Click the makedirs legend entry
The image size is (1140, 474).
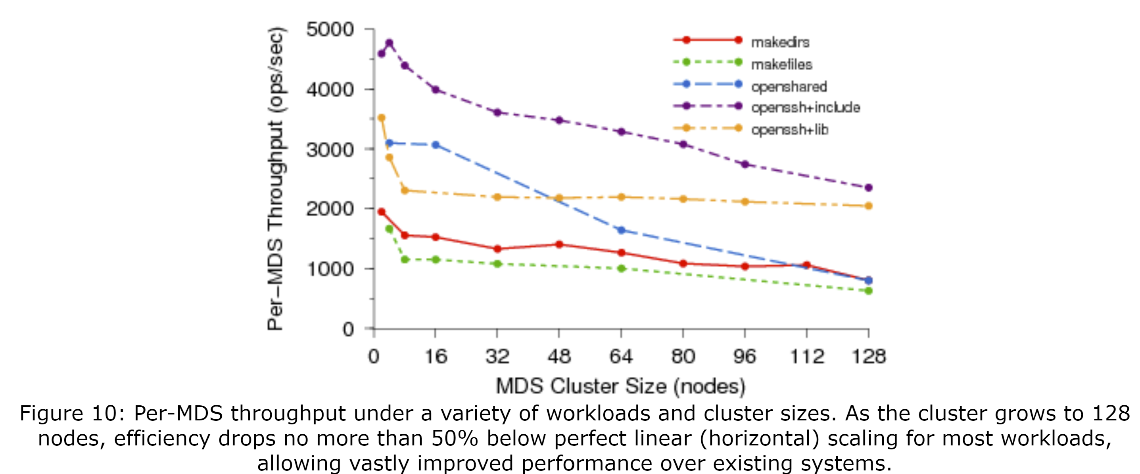(780, 42)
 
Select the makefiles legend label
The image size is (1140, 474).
(781, 64)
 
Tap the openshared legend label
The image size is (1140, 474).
(789, 87)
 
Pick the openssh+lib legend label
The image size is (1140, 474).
(789, 130)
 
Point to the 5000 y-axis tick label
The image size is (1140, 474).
(330, 30)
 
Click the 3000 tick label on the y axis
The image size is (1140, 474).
(330, 150)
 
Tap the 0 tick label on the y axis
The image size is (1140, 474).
(348, 329)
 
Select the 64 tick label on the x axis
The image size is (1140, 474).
(621, 356)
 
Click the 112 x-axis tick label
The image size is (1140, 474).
(807, 356)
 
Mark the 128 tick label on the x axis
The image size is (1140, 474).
(868, 356)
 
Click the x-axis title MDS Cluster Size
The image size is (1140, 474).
(620, 386)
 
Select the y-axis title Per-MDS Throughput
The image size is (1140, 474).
(275, 179)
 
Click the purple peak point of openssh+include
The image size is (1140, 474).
(390, 43)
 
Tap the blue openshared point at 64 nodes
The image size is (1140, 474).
(621, 230)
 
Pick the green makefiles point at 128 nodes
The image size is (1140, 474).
(868, 291)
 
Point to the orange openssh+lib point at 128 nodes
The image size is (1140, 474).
(868, 206)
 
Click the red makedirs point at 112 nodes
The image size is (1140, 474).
(807, 265)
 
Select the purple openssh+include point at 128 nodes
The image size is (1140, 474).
(868, 188)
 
